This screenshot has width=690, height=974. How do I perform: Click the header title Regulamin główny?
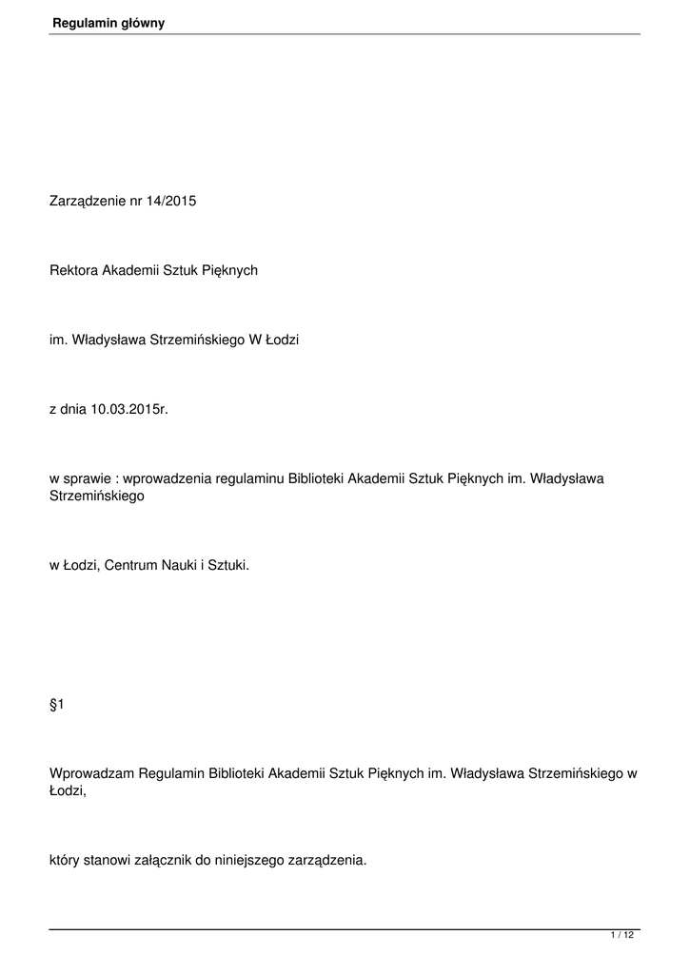point(108,23)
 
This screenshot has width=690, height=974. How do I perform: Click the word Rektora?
point(74,270)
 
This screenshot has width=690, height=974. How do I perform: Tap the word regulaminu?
point(250,478)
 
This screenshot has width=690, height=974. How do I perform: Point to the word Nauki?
point(181,565)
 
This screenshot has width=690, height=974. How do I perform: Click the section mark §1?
point(55,704)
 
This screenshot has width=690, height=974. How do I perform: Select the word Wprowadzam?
point(90,773)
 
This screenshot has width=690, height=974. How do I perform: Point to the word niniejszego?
point(251,860)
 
